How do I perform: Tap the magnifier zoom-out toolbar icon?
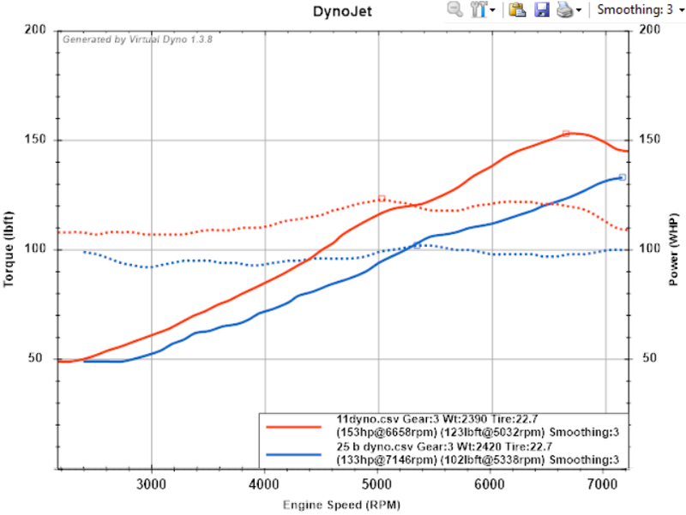pos(454,9)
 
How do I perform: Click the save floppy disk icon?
pos(541,9)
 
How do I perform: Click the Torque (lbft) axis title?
pos(12,249)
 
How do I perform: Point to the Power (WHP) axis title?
pos(675,249)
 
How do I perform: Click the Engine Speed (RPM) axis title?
pos(343,504)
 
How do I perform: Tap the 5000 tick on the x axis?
pos(376,482)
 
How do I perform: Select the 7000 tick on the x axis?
pos(604,482)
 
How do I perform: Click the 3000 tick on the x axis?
pos(151,482)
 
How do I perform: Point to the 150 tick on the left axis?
pos(35,140)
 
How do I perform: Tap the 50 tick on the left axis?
pos(39,359)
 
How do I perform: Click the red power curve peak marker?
pos(566,134)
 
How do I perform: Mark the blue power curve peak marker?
pos(623,177)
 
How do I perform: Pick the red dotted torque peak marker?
pos(382,199)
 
